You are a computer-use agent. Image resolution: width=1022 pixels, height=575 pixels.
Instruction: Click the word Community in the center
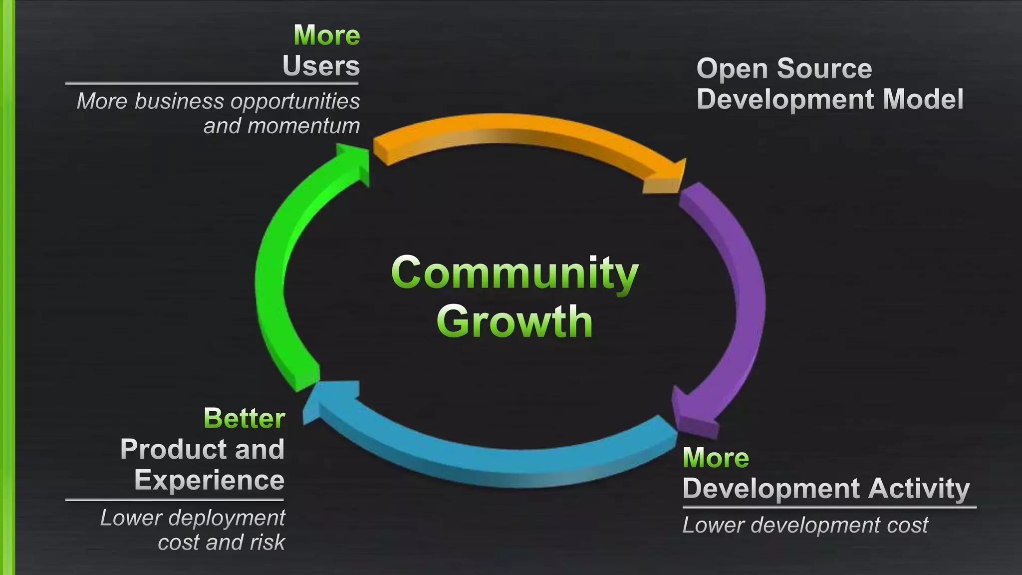pyautogui.click(x=514, y=274)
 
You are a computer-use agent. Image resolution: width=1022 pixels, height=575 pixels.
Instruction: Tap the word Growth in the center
pyautogui.click(x=514, y=322)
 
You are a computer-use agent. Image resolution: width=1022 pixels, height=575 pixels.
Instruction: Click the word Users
pyautogui.click(x=321, y=66)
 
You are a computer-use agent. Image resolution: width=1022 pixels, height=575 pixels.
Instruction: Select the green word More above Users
pyautogui.click(x=327, y=35)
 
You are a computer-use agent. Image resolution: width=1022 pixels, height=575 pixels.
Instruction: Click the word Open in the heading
pyautogui.click(x=731, y=69)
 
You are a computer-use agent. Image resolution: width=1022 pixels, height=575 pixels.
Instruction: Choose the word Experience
pyautogui.click(x=210, y=480)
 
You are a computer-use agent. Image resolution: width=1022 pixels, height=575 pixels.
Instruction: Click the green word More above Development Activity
pyautogui.click(x=716, y=458)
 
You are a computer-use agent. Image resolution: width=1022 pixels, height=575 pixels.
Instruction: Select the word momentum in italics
pyautogui.click(x=303, y=126)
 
